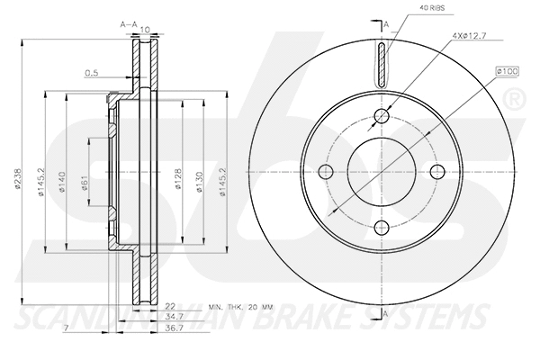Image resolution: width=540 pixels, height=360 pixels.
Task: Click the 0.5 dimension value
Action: tap(91, 73)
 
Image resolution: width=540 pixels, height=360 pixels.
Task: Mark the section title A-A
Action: tap(129, 26)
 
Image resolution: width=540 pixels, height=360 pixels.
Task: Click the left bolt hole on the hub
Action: tap(327, 171)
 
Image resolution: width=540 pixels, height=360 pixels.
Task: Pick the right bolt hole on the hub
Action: tap(438, 171)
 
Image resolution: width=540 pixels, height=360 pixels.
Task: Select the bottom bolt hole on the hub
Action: tap(382, 227)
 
